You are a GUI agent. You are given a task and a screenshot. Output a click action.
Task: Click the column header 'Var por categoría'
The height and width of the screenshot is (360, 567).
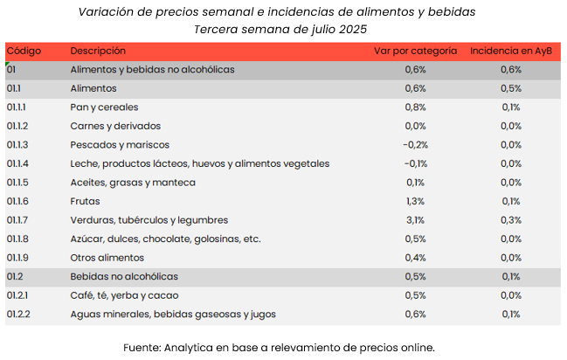pos(415,51)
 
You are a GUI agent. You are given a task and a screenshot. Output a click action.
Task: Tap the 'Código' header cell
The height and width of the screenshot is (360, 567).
pos(24,51)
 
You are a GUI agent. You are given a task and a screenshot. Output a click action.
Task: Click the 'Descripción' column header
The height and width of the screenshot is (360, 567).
pos(98,51)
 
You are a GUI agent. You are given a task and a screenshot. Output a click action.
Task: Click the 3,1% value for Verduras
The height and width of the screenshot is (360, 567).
pos(415,220)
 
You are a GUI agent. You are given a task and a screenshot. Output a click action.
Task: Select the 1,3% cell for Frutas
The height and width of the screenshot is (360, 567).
pos(415,201)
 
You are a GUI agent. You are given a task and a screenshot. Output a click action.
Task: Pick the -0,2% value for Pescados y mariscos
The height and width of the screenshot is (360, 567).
pos(415,145)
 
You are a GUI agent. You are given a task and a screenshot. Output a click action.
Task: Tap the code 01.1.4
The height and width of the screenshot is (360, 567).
pos(18,163)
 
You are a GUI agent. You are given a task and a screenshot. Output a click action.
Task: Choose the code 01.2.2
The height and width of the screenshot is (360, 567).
pos(18,314)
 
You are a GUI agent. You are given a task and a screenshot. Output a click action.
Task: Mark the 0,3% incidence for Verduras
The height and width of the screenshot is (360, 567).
pos(511,220)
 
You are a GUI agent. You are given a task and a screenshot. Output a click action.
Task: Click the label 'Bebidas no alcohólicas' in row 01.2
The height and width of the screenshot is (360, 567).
pos(124,276)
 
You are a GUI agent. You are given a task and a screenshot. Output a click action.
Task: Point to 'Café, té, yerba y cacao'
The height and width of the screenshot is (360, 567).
pos(124,295)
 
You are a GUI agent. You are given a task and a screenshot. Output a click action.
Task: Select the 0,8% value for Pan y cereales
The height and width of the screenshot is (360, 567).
pos(415,107)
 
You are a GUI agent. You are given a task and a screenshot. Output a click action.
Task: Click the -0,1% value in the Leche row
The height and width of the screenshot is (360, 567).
pos(415,163)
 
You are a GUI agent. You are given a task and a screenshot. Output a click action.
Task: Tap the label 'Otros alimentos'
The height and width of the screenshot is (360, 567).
pos(107,258)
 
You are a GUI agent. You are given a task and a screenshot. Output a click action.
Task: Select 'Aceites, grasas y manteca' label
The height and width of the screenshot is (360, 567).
pos(133,183)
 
